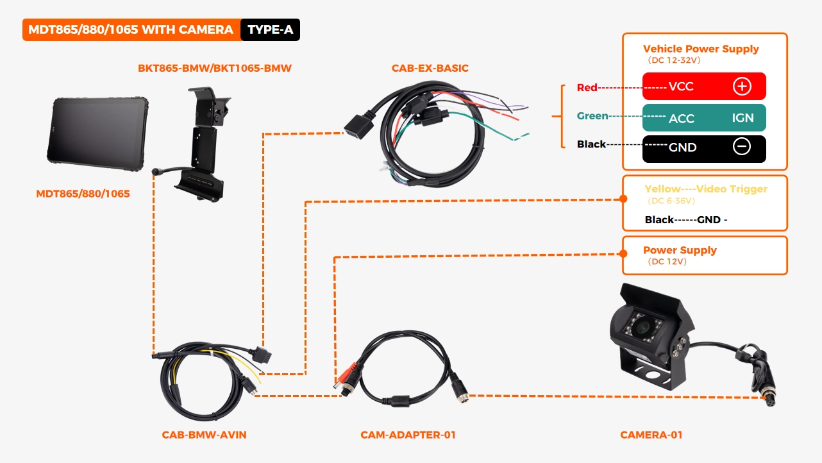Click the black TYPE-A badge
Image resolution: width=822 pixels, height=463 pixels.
[x=270, y=30]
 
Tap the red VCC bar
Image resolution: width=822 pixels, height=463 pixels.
[x=704, y=86]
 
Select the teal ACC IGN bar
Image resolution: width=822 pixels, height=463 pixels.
[x=704, y=117]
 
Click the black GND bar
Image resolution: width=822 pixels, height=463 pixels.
[x=704, y=147]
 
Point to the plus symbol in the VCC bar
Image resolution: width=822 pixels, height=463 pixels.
[x=742, y=86]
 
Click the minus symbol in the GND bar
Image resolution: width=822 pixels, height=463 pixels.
[x=741, y=147]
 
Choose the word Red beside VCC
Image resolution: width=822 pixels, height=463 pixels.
[x=587, y=87]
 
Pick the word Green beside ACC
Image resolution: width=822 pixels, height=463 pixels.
[x=592, y=116]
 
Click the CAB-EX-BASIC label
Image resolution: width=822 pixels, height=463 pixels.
[x=430, y=68]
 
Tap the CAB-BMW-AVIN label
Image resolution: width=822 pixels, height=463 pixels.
[x=204, y=435]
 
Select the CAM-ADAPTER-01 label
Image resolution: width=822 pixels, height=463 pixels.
[x=408, y=435]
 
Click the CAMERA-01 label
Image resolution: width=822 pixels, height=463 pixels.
[x=651, y=435]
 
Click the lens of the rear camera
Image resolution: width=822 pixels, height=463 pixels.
[x=642, y=328]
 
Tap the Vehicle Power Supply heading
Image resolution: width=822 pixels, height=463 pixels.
[x=700, y=49]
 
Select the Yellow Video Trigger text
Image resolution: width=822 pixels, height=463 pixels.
[x=705, y=189]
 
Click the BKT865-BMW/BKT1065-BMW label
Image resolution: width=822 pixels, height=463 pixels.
[x=214, y=68]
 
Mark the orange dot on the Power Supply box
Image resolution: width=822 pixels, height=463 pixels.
[x=622, y=253]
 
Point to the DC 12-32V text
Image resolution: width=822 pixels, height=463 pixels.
[x=673, y=61]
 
